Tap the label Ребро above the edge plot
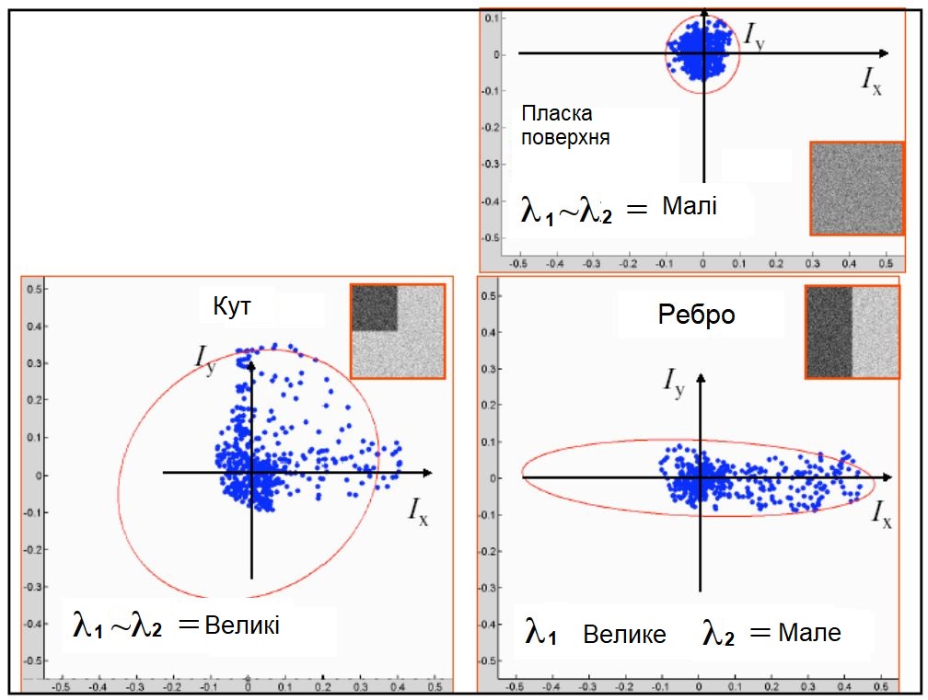pos(697,315)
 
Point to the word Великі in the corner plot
pos(242,625)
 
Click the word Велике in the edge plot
pos(624,635)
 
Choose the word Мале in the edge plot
pos(809,633)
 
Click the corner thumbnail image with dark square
pos(397,331)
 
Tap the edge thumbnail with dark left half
pos(851,331)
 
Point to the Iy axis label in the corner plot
pos(206,357)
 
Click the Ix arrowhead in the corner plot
pos(427,473)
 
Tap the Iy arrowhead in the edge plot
pos(701,379)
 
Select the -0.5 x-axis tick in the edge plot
pos(516,685)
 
